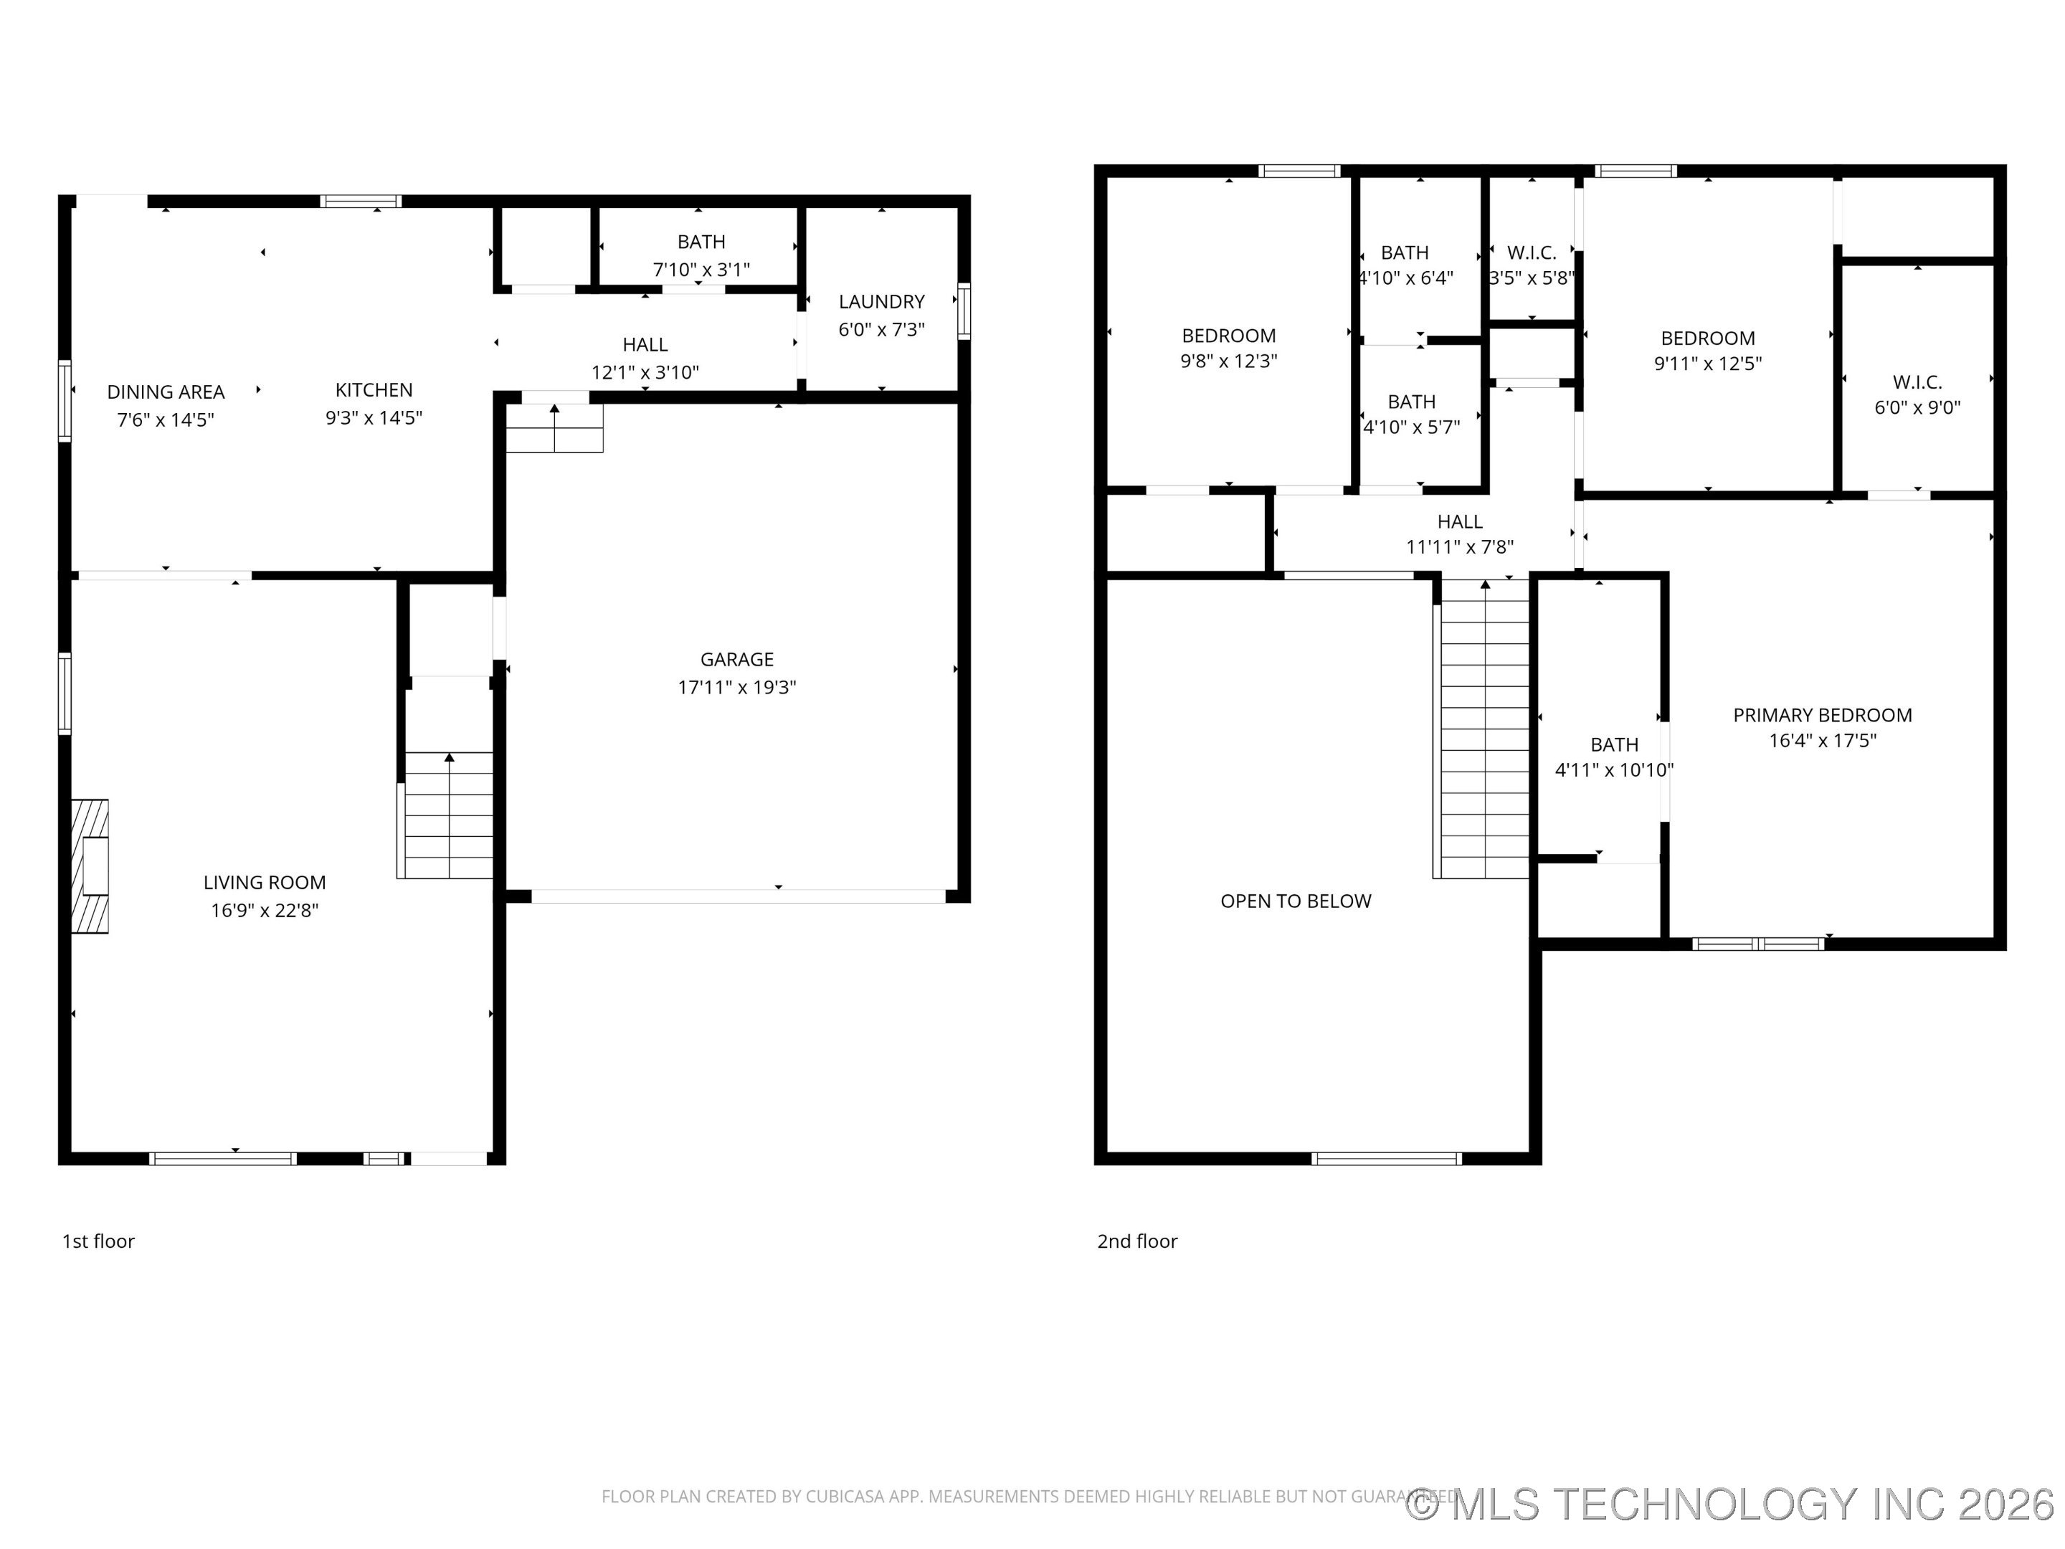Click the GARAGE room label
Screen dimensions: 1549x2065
pos(736,659)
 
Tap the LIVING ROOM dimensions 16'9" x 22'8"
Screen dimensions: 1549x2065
pos(264,910)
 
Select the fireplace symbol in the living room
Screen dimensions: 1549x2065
pos(90,866)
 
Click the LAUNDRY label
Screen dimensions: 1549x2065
pos(881,302)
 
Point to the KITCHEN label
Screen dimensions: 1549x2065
pos(374,390)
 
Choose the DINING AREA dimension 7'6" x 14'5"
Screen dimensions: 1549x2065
pos(165,420)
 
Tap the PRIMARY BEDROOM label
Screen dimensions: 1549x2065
pos(1822,715)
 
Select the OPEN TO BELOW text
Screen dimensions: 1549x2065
pos(1296,901)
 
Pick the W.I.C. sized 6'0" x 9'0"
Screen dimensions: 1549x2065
pos(1917,394)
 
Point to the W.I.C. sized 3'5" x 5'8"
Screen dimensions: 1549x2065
pos(1531,265)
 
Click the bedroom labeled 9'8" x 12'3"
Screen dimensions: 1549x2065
pos(1228,347)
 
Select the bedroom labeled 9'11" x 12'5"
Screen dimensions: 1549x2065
pos(1707,350)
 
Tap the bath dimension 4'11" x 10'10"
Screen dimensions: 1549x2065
pos(1614,770)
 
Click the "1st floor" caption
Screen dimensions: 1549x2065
pos(98,1241)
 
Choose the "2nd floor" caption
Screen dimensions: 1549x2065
pos(1137,1241)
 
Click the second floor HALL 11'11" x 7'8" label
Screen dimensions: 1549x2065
pos(1459,534)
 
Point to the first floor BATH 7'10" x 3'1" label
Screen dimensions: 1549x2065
pos(701,255)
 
